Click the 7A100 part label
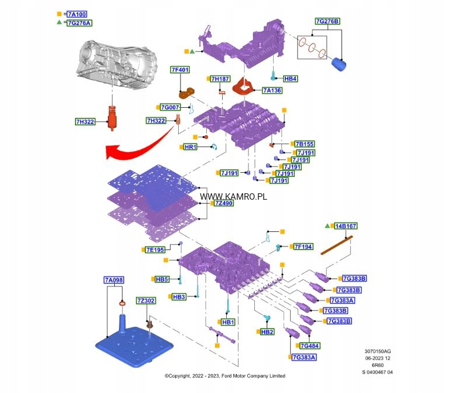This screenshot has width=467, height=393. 79,13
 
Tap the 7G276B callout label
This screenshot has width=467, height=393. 328,22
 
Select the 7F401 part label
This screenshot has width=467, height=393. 180,70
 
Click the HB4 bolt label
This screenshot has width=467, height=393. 290,78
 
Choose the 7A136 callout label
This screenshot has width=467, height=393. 272,90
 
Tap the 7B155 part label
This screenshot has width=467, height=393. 305,144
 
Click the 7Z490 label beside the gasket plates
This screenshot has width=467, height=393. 224,203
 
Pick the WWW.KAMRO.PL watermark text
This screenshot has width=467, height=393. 233,196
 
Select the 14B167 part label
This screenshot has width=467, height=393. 346,225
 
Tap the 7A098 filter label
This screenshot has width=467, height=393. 114,281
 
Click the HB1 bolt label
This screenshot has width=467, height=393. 228,322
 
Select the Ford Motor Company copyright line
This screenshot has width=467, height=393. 225,376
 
